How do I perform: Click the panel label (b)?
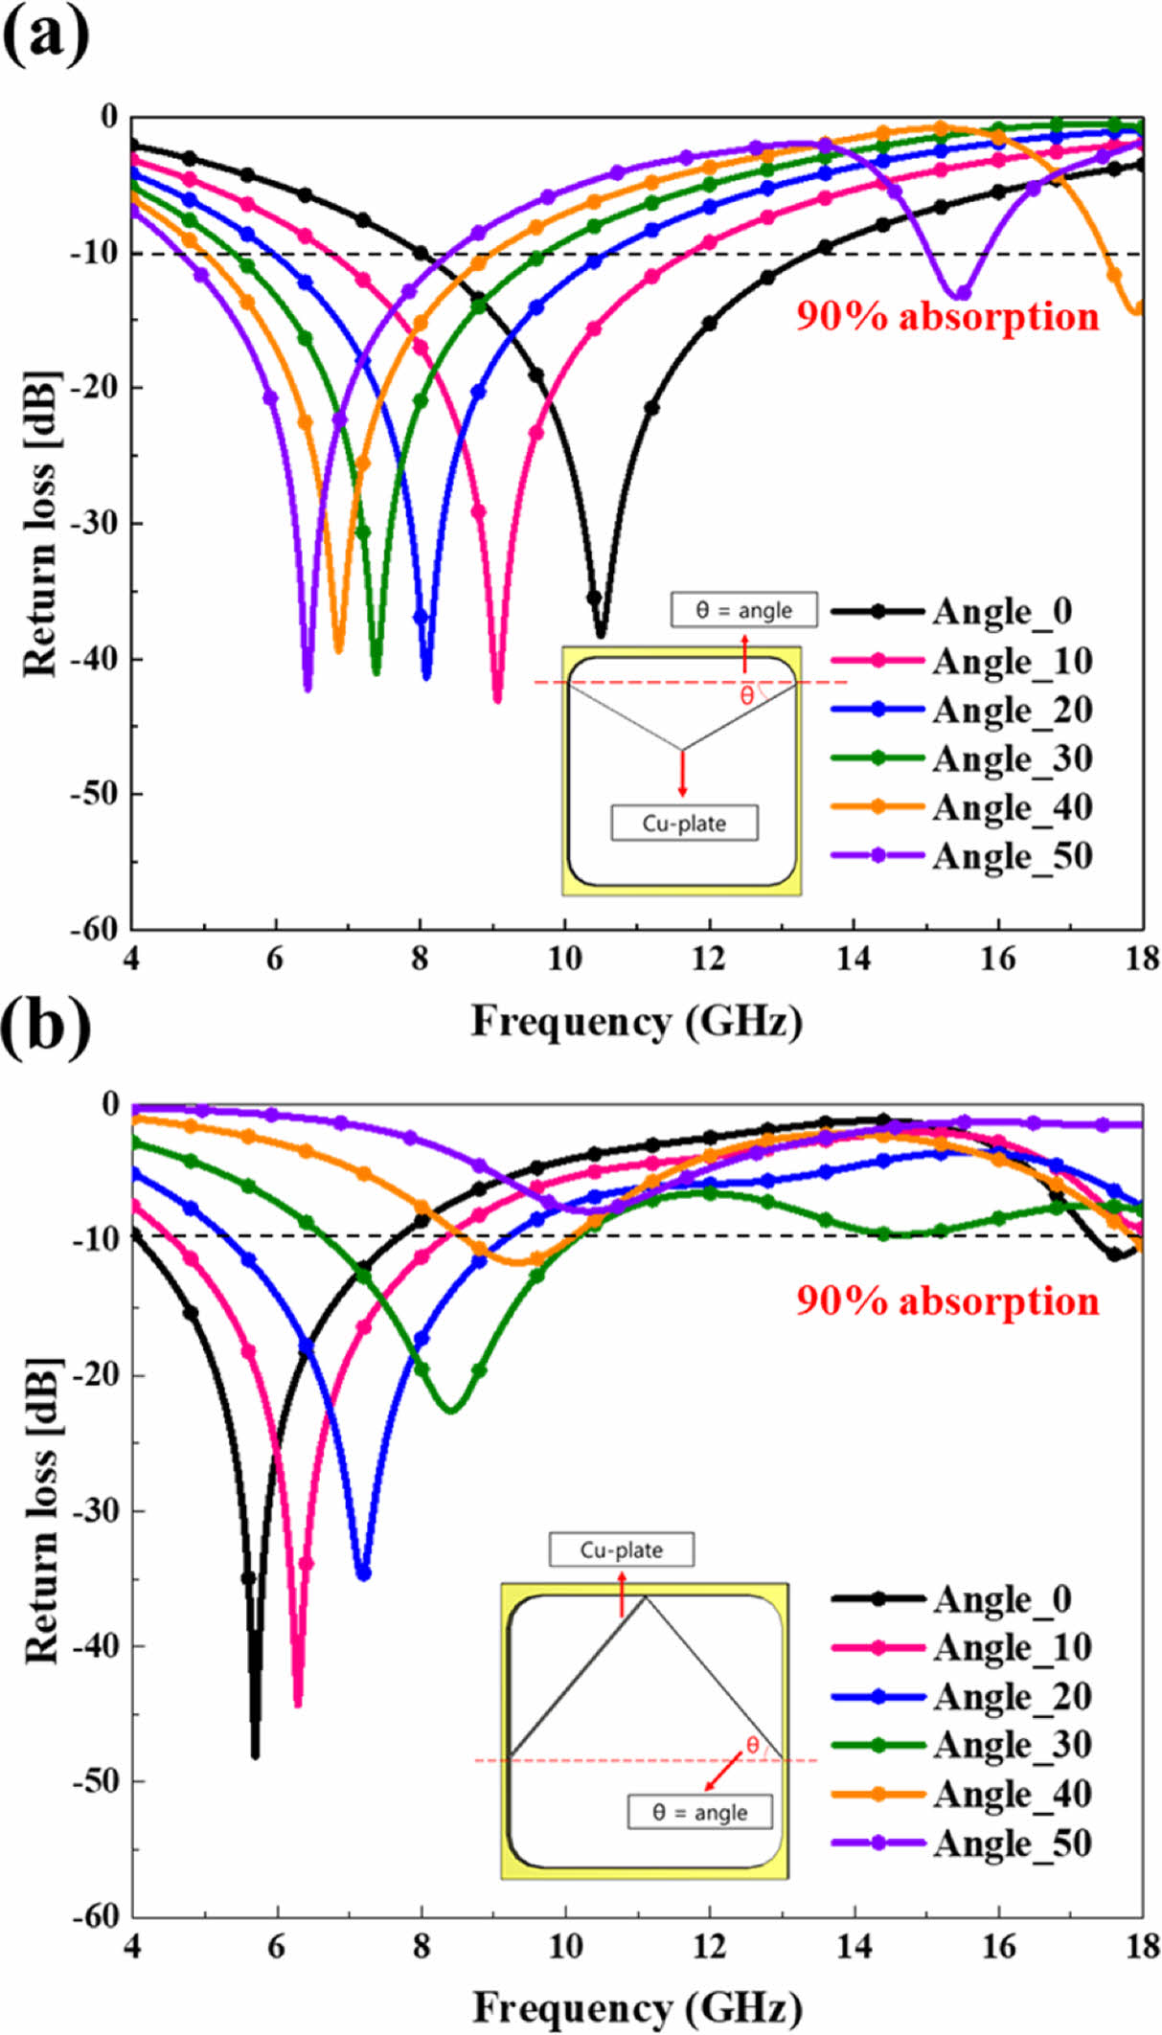(x=46, y=1027)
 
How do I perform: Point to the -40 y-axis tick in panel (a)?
(x=96, y=659)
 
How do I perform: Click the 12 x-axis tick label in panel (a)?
(x=709, y=958)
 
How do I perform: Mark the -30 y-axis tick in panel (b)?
(x=96, y=1510)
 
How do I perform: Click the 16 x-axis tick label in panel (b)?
(x=998, y=1945)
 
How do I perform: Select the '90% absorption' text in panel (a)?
(x=947, y=316)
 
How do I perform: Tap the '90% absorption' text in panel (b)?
(x=947, y=1300)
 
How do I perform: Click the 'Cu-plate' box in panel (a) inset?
(x=684, y=823)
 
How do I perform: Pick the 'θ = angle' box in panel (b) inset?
(x=699, y=1812)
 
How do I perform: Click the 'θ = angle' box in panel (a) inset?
(x=743, y=610)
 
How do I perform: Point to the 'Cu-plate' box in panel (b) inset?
(x=621, y=1549)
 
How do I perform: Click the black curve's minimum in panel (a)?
(x=601, y=634)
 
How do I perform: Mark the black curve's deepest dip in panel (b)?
(x=255, y=1755)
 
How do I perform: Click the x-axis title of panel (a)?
(x=636, y=1021)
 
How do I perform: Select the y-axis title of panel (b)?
(x=40, y=1510)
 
